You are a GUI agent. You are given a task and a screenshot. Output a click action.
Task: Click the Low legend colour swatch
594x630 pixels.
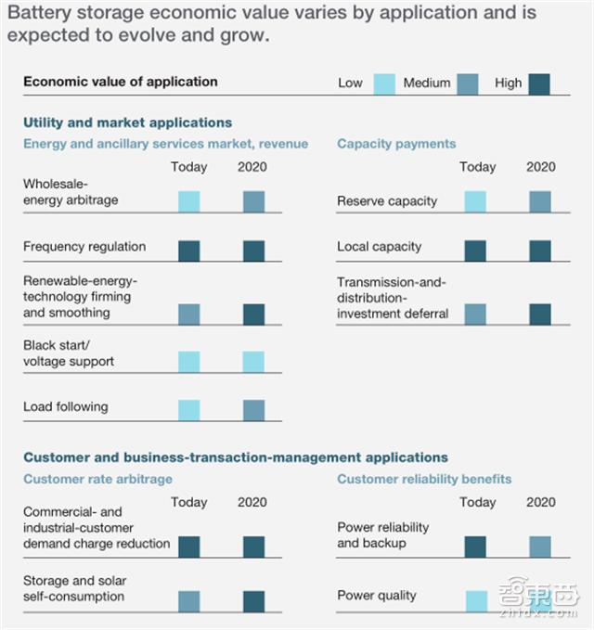click(x=384, y=84)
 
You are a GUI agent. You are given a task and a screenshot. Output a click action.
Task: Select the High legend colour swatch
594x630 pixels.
click(x=539, y=84)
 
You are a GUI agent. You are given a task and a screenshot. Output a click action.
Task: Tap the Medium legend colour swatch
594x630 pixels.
click(x=468, y=84)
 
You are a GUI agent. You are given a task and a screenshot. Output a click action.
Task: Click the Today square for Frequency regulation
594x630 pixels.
click(x=188, y=251)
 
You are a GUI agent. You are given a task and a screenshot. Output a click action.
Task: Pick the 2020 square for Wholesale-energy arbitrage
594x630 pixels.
click(x=253, y=201)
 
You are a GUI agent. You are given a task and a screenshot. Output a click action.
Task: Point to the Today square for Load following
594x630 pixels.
click(x=188, y=410)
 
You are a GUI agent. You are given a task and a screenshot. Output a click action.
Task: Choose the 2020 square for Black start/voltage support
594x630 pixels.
click(x=253, y=362)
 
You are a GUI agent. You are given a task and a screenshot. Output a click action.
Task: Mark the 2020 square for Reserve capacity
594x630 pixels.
click(x=539, y=201)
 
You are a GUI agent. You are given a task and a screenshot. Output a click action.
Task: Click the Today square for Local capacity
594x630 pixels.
click(x=475, y=251)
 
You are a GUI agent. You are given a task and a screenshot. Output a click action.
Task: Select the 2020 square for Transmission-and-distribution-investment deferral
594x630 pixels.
click(x=539, y=315)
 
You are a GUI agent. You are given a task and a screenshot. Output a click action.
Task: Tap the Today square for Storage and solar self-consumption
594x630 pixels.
click(x=188, y=601)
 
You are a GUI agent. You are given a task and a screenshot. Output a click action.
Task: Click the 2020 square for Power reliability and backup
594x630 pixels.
click(x=539, y=546)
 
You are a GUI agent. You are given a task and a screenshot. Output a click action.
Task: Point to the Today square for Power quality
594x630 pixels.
click(x=475, y=601)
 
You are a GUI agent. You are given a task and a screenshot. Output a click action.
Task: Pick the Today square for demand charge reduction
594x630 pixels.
click(x=188, y=546)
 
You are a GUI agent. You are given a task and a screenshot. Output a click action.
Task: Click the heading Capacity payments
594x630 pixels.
click(x=396, y=144)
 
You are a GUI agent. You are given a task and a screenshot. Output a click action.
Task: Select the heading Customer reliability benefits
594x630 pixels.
click(x=424, y=479)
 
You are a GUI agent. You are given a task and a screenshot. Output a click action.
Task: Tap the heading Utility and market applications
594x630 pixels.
click(x=127, y=122)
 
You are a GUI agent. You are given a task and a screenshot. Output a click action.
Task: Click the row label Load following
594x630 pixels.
click(x=65, y=406)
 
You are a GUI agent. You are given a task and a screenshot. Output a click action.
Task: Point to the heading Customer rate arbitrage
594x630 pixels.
click(x=97, y=479)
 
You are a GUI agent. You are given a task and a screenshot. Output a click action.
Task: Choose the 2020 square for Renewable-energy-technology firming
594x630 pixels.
click(x=253, y=315)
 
